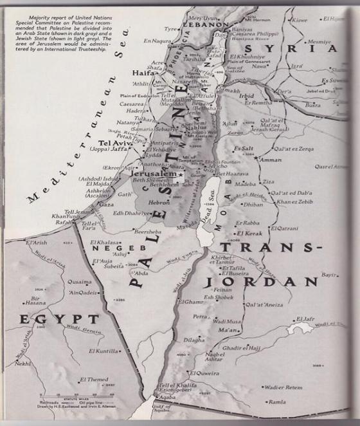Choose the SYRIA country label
(303, 49)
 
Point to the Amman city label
(270, 160)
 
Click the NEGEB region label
(113, 248)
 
